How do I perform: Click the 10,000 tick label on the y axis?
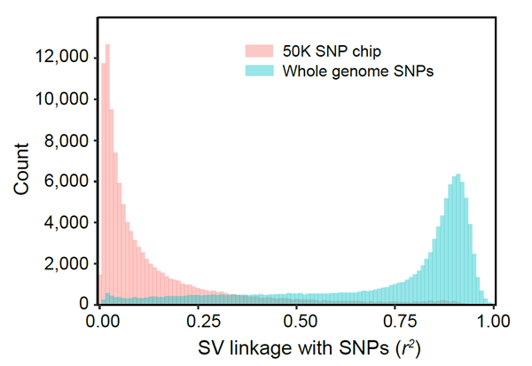60,99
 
